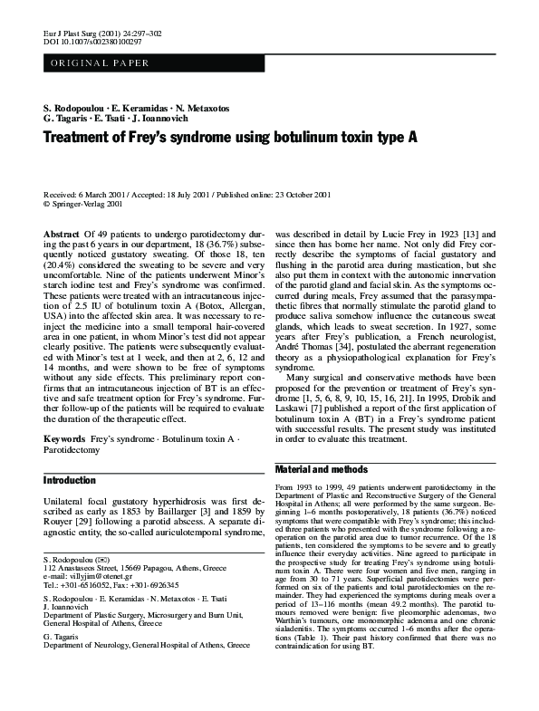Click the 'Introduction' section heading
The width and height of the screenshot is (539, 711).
69,480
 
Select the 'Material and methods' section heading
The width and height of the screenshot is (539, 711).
318,470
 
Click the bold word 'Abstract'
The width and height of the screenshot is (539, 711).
61,235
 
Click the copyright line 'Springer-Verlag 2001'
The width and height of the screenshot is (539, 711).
86,205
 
